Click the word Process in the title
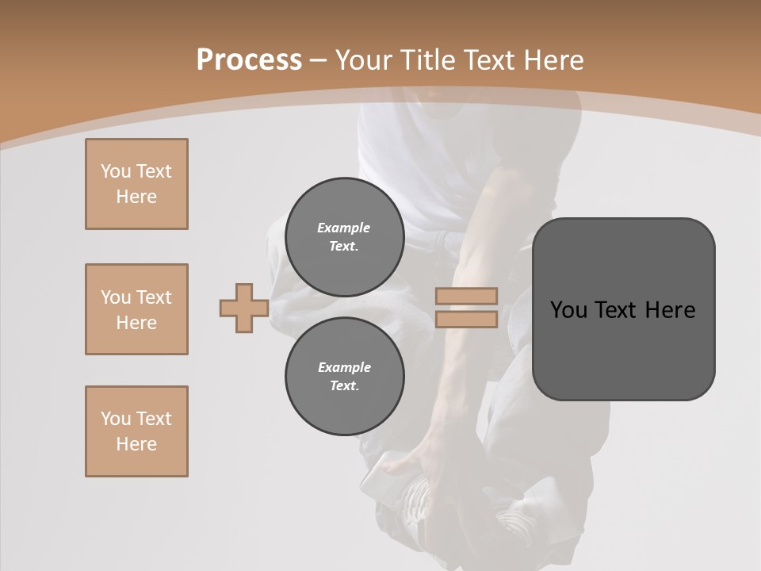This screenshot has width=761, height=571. click(x=249, y=59)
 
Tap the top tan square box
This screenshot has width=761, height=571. click(x=136, y=184)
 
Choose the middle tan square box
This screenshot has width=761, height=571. click(x=136, y=309)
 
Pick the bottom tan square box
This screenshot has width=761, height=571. click(x=136, y=431)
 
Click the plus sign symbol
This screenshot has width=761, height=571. click(x=243, y=308)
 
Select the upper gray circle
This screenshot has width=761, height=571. click(x=344, y=237)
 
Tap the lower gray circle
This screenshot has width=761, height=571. click(x=344, y=377)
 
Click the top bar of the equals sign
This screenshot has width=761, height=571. click(x=466, y=296)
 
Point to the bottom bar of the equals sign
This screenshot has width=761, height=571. click(x=466, y=320)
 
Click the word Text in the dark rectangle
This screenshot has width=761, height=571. click(x=618, y=310)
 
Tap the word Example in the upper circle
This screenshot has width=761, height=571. click(x=343, y=228)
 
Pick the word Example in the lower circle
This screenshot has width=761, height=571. click(x=344, y=367)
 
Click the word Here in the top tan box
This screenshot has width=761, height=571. click(x=136, y=197)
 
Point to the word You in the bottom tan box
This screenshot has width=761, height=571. click(x=116, y=419)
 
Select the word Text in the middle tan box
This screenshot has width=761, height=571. click(x=154, y=297)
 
